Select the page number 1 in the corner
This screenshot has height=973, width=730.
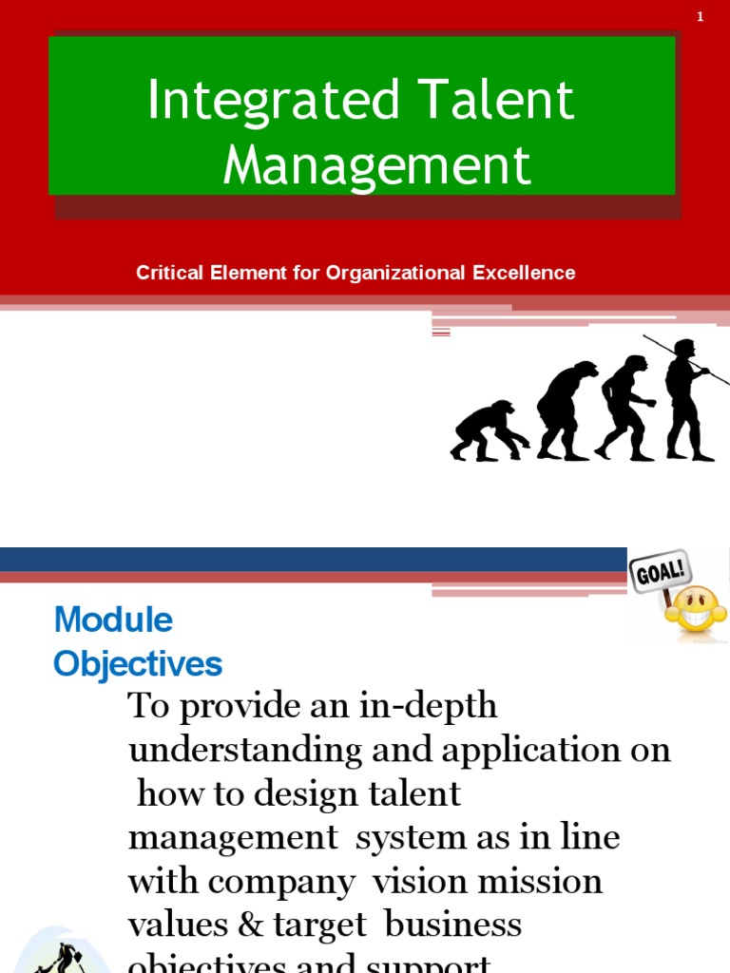[x=701, y=16]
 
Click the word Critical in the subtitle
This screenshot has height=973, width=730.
[x=171, y=273]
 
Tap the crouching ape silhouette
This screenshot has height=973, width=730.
[x=487, y=431]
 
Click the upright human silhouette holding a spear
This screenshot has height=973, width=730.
[x=685, y=399]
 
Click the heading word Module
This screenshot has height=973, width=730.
[x=113, y=620]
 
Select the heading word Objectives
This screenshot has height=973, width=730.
[x=138, y=663]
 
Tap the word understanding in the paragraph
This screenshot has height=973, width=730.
[x=245, y=750]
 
